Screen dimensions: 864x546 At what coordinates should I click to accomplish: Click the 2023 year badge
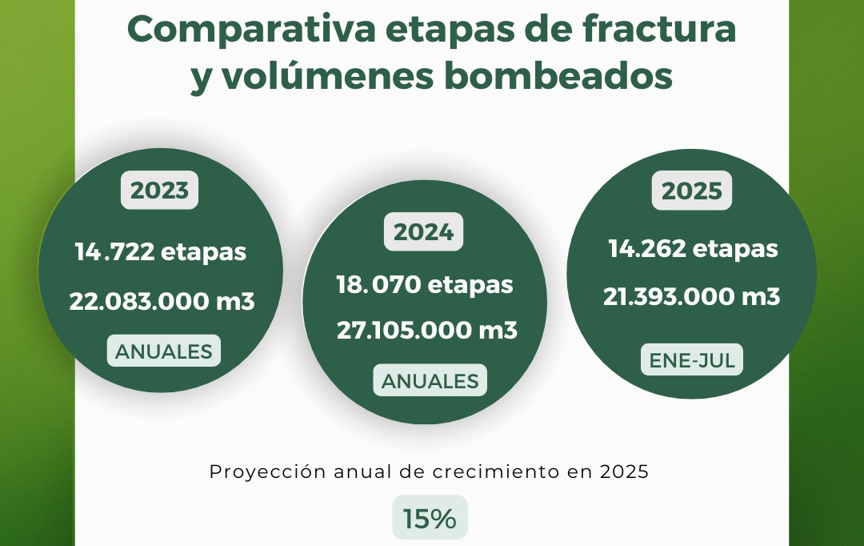pyautogui.click(x=159, y=191)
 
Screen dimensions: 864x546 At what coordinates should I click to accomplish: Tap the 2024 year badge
pyautogui.click(x=424, y=231)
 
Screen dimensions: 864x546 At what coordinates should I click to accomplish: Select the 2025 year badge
pyautogui.click(x=691, y=191)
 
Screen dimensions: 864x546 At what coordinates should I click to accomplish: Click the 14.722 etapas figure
pyautogui.click(x=160, y=252)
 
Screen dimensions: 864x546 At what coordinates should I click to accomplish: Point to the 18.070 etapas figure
pyautogui.click(x=425, y=285)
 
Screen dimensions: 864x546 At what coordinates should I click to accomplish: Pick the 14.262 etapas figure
pyautogui.click(x=693, y=249)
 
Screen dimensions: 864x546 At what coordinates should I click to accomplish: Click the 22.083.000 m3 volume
pyautogui.click(x=162, y=302)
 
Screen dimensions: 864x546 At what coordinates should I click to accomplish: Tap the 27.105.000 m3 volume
pyautogui.click(x=427, y=331)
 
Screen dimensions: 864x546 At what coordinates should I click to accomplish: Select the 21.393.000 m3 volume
pyautogui.click(x=691, y=297)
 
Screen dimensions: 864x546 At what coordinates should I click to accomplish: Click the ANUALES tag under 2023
pyautogui.click(x=164, y=351)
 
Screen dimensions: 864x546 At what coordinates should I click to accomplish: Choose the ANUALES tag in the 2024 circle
pyautogui.click(x=430, y=380)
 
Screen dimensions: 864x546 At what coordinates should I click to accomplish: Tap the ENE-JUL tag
pyautogui.click(x=691, y=360)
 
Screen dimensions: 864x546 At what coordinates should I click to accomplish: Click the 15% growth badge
pyautogui.click(x=430, y=518)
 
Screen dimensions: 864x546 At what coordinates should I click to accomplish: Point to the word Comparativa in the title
pyautogui.click(x=251, y=30)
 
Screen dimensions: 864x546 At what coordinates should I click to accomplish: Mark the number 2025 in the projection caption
pyautogui.click(x=624, y=472)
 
